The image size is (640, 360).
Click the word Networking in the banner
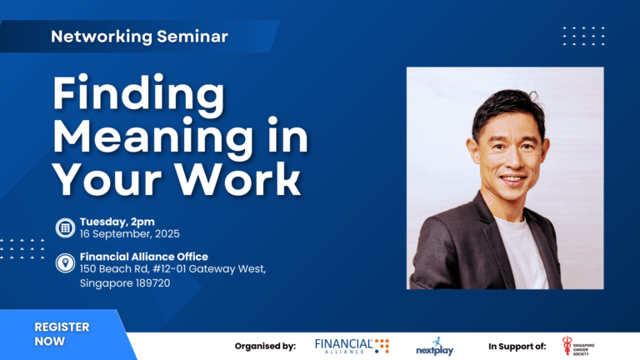tap(102, 37)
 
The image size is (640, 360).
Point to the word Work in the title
tap(238, 180)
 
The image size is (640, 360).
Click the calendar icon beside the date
tap(65, 227)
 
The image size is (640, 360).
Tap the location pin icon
tap(65, 262)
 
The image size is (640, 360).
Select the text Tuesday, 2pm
tap(117, 222)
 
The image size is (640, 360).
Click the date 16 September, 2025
tap(129, 234)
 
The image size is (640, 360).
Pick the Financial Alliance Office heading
tap(143, 257)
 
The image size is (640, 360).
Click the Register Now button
tap(62, 334)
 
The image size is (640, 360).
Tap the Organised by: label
tap(265, 347)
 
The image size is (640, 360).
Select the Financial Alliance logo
tap(352, 346)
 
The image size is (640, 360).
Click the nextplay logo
tap(435, 347)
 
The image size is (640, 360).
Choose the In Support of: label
tap(517, 347)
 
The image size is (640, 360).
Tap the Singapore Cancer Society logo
tap(578, 346)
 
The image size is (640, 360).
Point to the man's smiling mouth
tap(513, 179)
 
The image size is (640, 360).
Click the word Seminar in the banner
tap(192, 37)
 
